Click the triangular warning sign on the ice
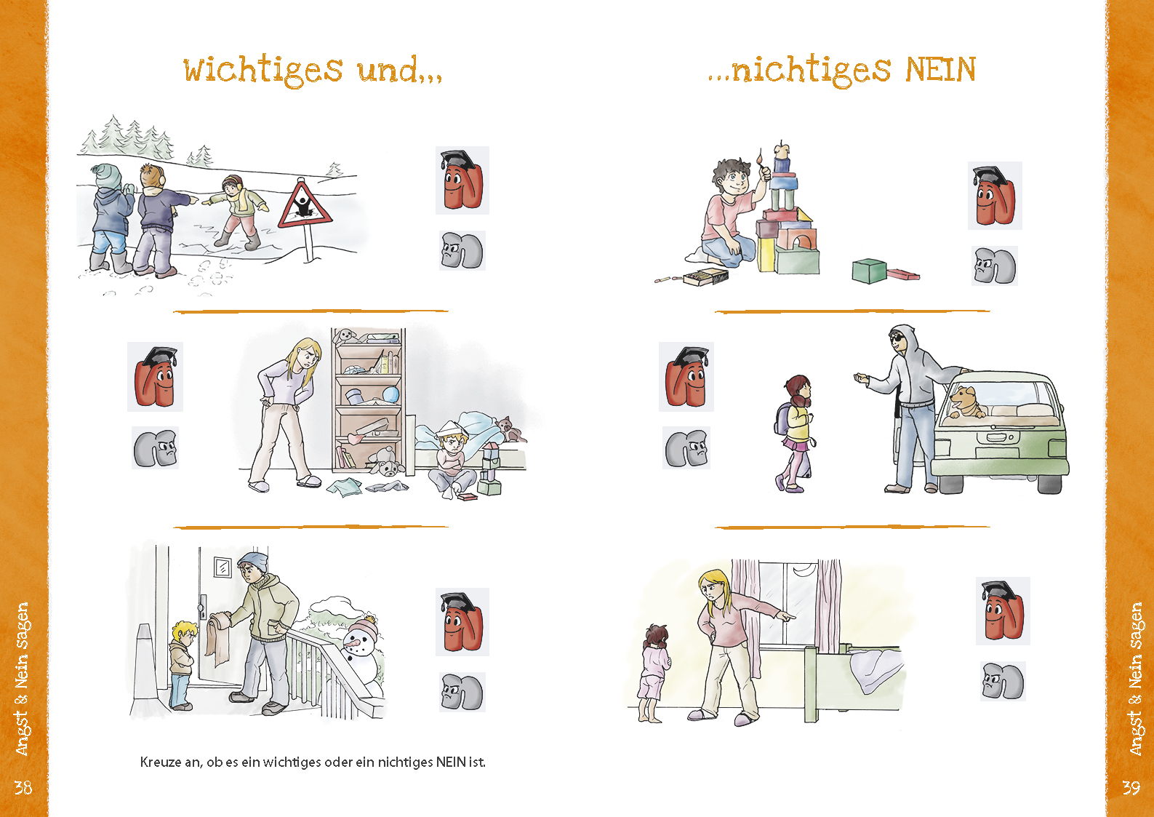(305, 206)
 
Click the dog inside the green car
(966, 402)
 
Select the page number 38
(23, 788)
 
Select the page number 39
(1131, 788)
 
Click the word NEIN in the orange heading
(941, 70)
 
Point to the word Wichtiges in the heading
(263, 71)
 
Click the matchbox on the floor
(706, 277)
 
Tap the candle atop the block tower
(782, 150)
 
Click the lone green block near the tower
(869, 271)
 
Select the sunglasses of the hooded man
(897, 338)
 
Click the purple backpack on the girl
(782, 418)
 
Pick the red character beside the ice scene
(462, 180)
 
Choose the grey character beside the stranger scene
(686, 447)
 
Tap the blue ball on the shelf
(391, 394)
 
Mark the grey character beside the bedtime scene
(1003, 681)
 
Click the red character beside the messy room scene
(155, 377)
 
